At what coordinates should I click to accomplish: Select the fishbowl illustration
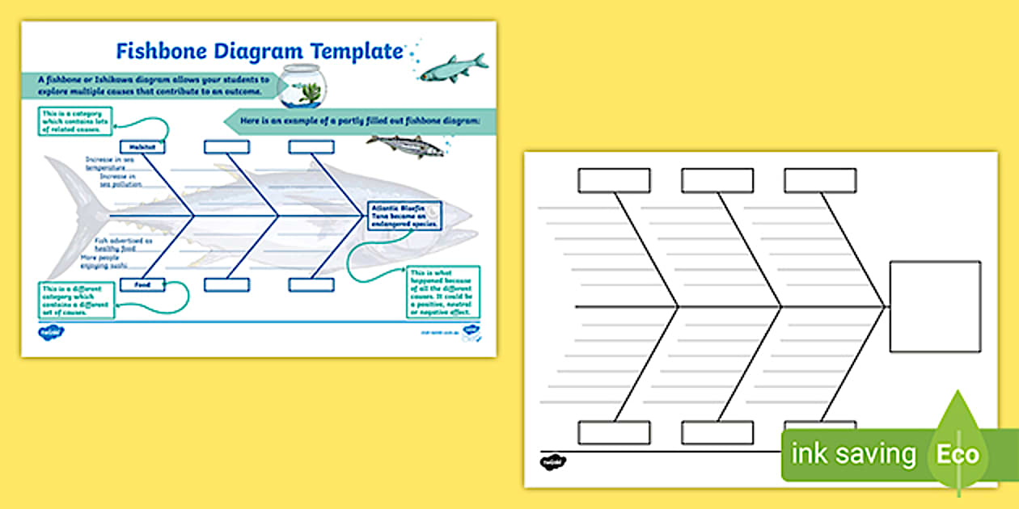[x=302, y=86]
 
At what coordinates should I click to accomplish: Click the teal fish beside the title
[x=454, y=67]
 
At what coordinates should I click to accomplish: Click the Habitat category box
[x=142, y=147]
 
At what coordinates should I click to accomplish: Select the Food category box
[x=142, y=284]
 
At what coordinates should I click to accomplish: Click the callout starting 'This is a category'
[x=74, y=121]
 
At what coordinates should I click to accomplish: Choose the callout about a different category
[x=75, y=300]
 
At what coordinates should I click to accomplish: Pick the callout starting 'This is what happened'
[x=441, y=292]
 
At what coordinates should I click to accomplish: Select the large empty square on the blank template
[x=935, y=306]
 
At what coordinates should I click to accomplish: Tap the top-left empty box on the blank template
[x=614, y=180]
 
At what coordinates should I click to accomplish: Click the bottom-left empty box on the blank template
[x=614, y=432]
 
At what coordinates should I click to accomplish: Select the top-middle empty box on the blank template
[x=717, y=180]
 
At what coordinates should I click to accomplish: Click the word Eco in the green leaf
[x=958, y=454]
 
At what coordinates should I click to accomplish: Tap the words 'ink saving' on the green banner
[x=853, y=454]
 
